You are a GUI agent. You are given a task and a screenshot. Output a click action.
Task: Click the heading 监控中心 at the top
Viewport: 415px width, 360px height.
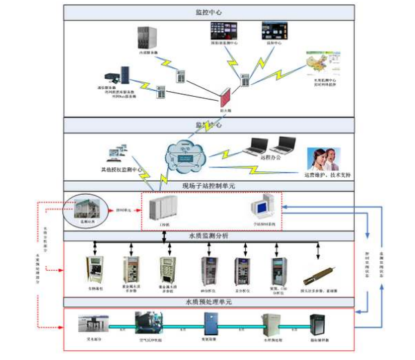[209, 12]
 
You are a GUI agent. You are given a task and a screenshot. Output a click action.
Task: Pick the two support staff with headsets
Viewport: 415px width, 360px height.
[322, 159]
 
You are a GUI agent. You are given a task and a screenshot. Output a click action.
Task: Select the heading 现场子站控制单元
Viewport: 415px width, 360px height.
[209, 186]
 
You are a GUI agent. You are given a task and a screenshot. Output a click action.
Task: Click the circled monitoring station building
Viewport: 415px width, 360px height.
[86, 210]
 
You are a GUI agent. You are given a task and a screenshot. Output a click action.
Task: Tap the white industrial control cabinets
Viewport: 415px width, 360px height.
[162, 209]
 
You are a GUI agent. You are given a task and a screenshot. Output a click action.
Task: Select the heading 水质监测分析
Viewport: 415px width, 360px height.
[209, 236]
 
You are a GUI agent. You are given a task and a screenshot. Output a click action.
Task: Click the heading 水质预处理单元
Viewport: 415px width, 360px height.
[209, 303]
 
